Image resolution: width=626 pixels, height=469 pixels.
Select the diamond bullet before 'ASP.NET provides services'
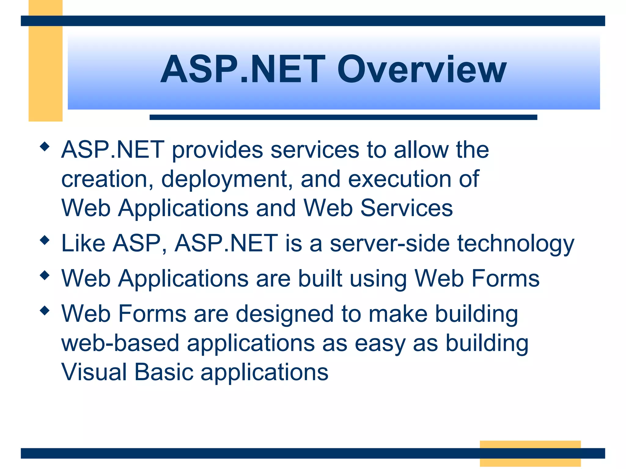[45, 147]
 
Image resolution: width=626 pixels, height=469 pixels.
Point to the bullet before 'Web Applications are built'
[45, 275]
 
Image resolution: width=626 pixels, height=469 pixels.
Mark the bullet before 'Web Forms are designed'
[45, 311]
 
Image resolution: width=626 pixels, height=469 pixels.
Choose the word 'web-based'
[120, 343]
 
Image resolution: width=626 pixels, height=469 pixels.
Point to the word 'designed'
[285, 314]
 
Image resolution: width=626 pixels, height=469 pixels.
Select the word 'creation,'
[107, 180]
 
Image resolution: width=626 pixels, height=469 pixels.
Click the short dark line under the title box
[343, 117]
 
